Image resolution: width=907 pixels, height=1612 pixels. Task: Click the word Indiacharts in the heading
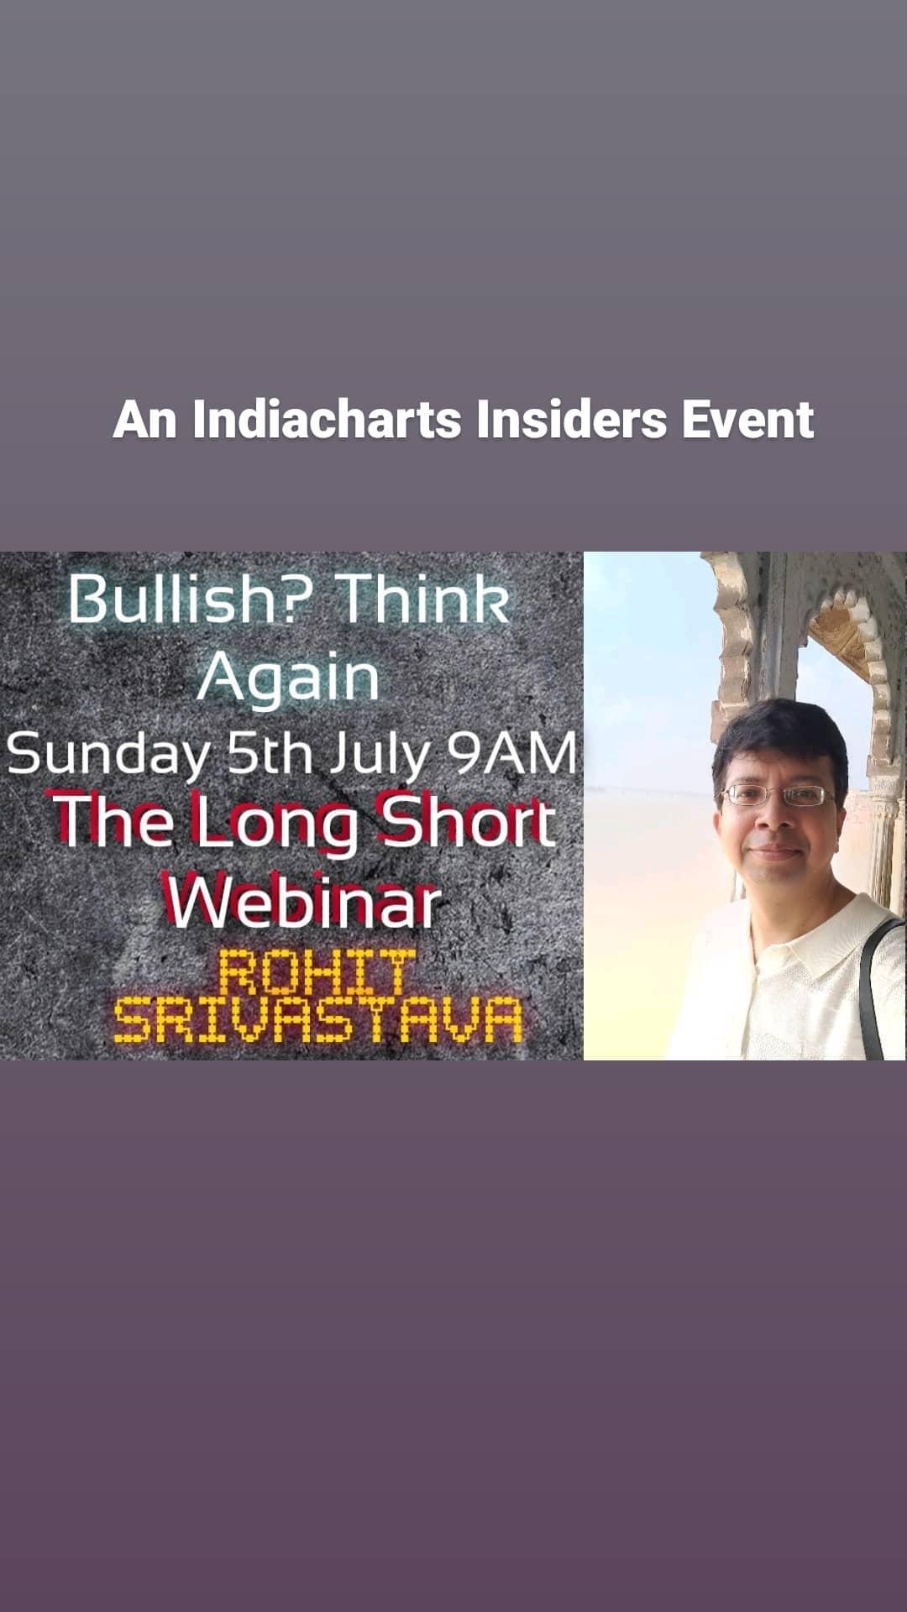click(x=327, y=419)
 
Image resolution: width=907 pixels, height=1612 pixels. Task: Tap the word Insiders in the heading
click(x=571, y=419)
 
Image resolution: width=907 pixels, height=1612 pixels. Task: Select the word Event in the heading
click(x=747, y=419)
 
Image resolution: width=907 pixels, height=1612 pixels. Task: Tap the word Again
click(x=289, y=678)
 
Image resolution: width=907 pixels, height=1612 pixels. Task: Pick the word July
click(x=380, y=754)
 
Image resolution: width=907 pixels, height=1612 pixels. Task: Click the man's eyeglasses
click(x=778, y=794)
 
